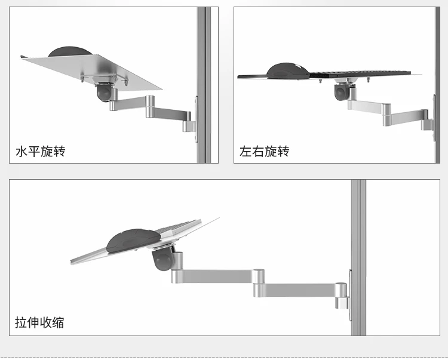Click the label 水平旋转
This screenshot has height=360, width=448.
pyautogui.click(x=40, y=151)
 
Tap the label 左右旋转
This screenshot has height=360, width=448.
pyautogui.click(x=265, y=151)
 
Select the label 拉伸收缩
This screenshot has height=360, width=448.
pyautogui.click(x=40, y=323)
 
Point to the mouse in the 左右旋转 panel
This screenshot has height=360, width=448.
pyautogui.click(x=288, y=70)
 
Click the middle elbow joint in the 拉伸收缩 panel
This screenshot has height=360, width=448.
pyautogui.click(x=258, y=277)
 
